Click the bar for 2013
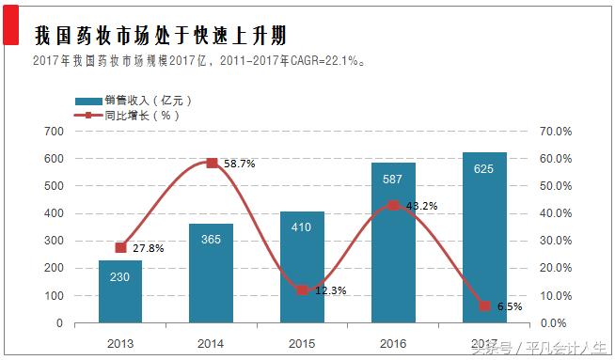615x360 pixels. point(120,291)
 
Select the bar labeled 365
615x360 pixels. point(211,273)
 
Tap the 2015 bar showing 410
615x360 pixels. point(302,267)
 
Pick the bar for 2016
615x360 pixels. point(393,243)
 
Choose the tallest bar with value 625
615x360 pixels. point(484,237)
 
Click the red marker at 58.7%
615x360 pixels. point(212,163)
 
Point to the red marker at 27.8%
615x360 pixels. point(120,247)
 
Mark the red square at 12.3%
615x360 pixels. point(302,290)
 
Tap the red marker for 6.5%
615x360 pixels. point(484,305)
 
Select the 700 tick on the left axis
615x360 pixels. point(54,132)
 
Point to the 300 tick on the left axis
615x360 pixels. point(54,241)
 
